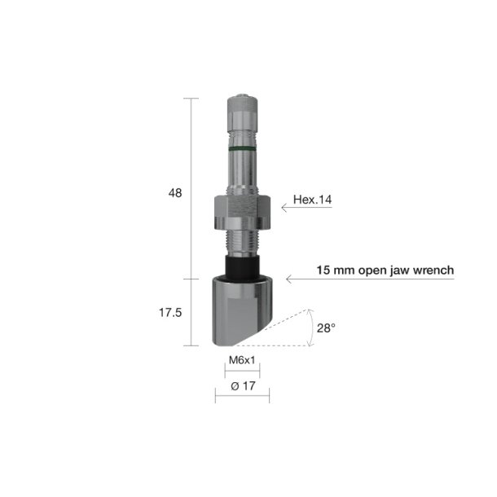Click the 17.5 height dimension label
click(x=169, y=313)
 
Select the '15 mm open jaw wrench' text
click(x=385, y=270)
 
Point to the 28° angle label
click(x=326, y=328)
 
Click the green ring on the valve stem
click(x=242, y=151)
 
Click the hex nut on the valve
click(x=242, y=213)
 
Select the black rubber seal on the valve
click(x=242, y=265)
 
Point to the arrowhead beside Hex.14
click(x=285, y=209)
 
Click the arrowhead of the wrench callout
click(x=290, y=279)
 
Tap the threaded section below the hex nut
click(x=242, y=242)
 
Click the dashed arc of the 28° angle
click(x=312, y=326)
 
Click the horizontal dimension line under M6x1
click(x=242, y=372)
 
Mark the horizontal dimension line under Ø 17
click(x=242, y=398)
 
